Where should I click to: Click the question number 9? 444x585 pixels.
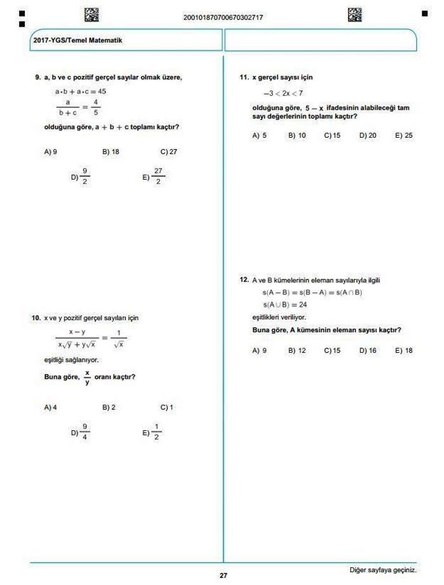[x=37, y=77]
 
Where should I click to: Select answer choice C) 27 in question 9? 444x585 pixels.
[x=168, y=152]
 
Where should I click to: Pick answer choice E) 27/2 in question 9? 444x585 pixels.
[x=153, y=177]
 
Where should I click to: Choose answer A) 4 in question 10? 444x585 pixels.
[x=50, y=407]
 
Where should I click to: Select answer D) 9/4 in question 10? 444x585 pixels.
[x=81, y=432]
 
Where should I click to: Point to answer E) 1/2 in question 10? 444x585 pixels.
[x=153, y=432]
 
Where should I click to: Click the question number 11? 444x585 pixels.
[x=244, y=77]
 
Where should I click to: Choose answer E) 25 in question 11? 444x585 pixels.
[x=403, y=135]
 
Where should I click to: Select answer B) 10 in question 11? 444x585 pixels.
[x=297, y=135]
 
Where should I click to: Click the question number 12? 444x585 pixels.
[x=244, y=280]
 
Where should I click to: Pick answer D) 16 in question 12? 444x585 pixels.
[x=368, y=350]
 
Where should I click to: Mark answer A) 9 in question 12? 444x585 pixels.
[x=259, y=350]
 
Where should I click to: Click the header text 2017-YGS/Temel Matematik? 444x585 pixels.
[x=77, y=41]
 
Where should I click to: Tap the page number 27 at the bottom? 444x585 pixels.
[x=223, y=576]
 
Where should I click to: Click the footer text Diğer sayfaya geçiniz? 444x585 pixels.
[x=383, y=569]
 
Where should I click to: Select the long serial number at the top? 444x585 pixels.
[x=223, y=17]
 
